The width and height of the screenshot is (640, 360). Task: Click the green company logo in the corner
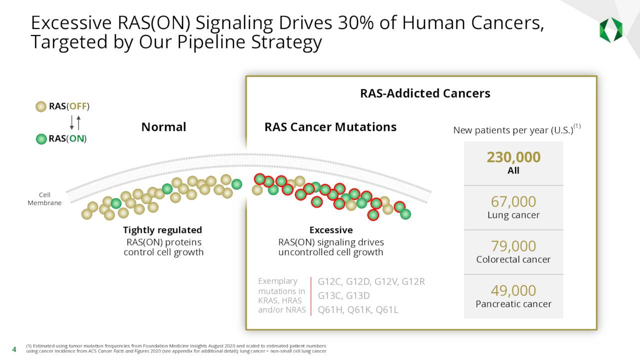tap(610, 30)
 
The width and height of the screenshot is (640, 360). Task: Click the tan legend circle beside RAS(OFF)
tap(41, 106)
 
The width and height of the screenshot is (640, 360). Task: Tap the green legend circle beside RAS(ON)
tap(41, 139)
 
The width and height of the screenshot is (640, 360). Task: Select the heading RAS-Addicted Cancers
tap(425, 93)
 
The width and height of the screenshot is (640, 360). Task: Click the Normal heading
tap(163, 127)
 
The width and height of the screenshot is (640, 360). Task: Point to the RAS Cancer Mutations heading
tap(330, 127)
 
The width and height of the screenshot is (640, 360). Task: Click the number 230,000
tap(513, 157)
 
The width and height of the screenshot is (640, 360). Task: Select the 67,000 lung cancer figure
tap(513, 202)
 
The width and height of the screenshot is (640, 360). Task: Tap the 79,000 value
tap(513, 246)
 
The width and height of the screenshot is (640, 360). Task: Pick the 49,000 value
tap(513, 290)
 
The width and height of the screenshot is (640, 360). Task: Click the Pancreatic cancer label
tap(513, 304)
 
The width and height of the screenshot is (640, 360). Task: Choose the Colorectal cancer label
tap(513, 259)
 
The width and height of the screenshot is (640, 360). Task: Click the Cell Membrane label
tap(44, 199)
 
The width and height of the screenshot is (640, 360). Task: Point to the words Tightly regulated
tap(162, 230)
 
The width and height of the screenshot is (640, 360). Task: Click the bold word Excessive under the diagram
tap(330, 230)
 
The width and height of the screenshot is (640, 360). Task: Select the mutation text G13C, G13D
tap(343, 295)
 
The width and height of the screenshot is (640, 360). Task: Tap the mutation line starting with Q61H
tap(358, 310)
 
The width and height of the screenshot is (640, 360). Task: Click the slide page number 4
tap(14, 348)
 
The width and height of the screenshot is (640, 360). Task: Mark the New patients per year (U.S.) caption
tap(513, 130)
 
